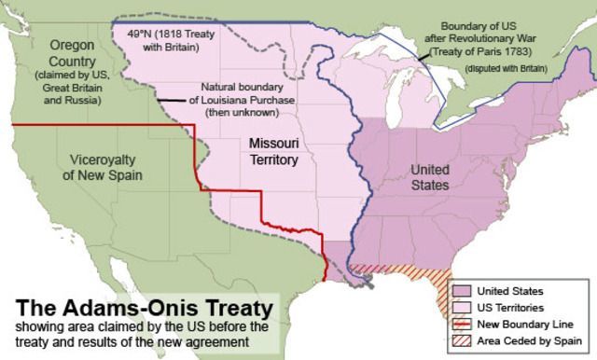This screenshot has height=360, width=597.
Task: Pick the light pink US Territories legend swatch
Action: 464,307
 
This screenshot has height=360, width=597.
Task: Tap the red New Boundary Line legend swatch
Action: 464,323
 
